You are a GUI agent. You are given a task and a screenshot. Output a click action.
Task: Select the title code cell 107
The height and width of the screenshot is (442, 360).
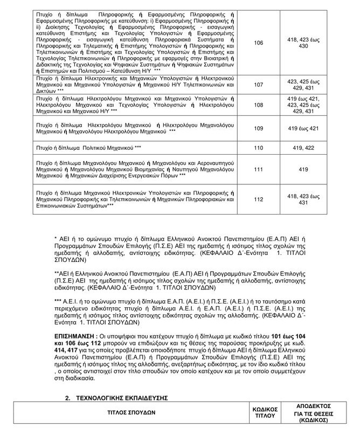point(258,85)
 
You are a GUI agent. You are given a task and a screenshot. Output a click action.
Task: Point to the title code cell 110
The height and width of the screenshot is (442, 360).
point(258,148)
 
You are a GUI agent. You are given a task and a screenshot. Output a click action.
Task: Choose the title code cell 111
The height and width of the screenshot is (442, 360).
point(258,170)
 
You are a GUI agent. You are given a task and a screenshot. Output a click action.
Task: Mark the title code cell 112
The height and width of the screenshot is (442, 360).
point(258,199)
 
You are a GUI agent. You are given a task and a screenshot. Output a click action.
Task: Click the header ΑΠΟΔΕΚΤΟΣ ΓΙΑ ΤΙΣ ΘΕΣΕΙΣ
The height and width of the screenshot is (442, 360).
point(313,414)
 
